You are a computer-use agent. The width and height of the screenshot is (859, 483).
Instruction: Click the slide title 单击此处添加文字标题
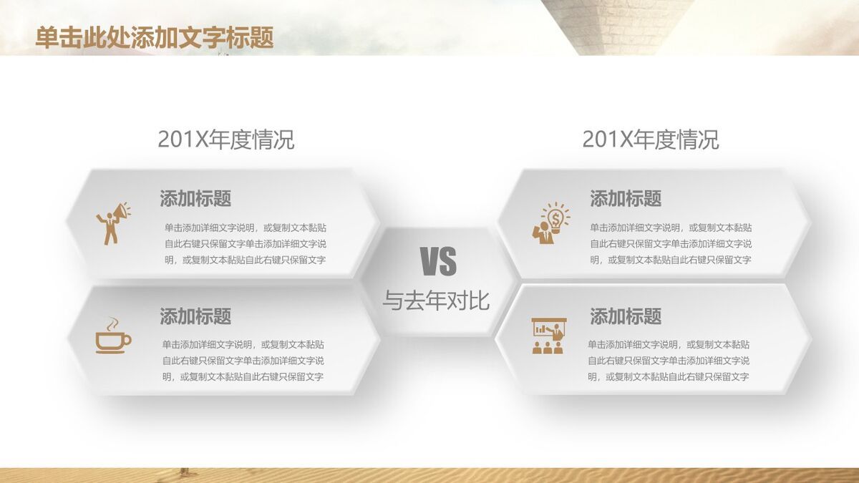pyautogui.click(x=154, y=37)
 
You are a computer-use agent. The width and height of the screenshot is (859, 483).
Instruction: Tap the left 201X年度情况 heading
pyautogui.click(x=226, y=139)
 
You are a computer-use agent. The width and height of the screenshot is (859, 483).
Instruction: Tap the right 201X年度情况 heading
pyautogui.click(x=651, y=139)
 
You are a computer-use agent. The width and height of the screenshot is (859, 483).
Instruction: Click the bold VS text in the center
pyautogui.click(x=438, y=261)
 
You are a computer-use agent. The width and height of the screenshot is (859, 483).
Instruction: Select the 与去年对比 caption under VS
pyautogui.click(x=436, y=301)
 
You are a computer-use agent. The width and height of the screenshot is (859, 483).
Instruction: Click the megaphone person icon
pyautogui.click(x=114, y=223)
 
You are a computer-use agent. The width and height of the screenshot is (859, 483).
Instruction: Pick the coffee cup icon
pyautogui.click(x=114, y=336)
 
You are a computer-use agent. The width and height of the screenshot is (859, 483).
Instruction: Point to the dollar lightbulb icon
pyautogui.click(x=551, y=223)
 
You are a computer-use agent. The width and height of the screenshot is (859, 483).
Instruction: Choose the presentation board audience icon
pyautogui.click(x=549, y=336)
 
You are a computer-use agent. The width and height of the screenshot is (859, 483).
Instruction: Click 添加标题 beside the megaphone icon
pyautogui.click(x=195, y=199)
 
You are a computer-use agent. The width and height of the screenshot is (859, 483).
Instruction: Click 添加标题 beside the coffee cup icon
pyautogui.click(x=195, y=316)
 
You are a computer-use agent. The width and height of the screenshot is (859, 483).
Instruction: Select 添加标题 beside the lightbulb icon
pyautogui.click(x=626, y=199)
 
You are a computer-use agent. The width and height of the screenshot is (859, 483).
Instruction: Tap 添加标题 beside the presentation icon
pyautogui.click(x=626, y=316)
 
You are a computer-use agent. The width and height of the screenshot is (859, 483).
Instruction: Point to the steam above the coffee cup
pyautogui.click(x=112, y=324)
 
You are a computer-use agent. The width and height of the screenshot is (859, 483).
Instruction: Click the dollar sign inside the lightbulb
pyautogui.click(x=555, y=219)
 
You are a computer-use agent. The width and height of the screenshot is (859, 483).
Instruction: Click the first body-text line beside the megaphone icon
pyautogui.click(x=246, y=228)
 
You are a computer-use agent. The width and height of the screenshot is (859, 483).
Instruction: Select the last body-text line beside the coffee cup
pyautogui.click(x=243, y=377)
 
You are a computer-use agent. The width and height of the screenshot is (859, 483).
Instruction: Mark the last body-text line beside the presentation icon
pyautogui.click(x=669, y=377)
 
